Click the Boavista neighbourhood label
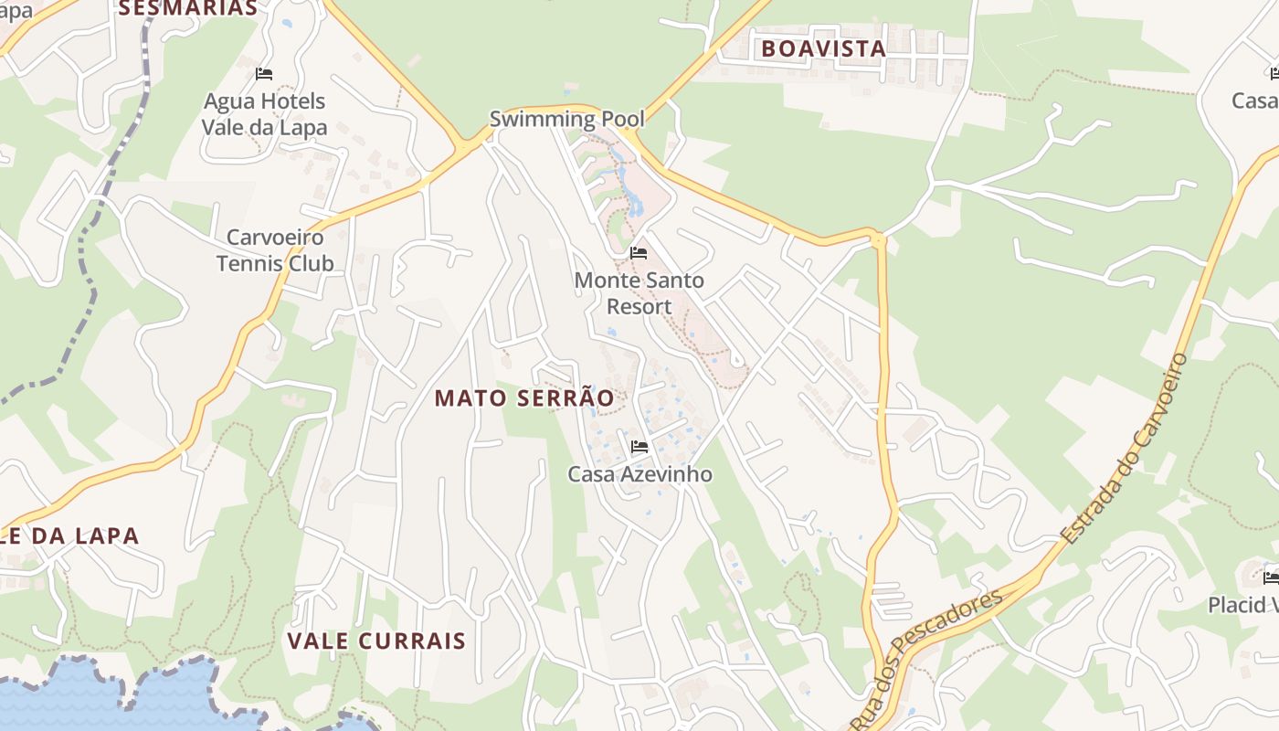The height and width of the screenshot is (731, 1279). point(823,48)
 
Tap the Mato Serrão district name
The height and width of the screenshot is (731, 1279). point(523,398)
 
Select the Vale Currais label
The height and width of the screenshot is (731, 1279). point(376,641)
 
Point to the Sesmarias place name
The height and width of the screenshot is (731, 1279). point(188,8)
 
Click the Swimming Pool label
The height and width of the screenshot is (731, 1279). point(566,119)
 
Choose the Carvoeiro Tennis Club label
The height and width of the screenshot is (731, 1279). point(274,250)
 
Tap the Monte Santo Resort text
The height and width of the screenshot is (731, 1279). point(639,293)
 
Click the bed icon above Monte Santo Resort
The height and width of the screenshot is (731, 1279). point(639,252)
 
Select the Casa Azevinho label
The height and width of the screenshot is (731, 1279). point(639,474)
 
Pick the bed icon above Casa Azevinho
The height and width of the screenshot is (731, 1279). point(639,447)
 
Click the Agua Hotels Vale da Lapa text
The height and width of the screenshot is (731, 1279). point(264,114)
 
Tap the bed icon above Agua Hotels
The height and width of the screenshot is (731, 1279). point(264,73)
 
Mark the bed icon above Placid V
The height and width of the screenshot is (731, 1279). point(1271,577)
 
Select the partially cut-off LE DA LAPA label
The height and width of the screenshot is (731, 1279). point(69,536)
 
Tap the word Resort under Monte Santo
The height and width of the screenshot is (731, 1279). point(639,306)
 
